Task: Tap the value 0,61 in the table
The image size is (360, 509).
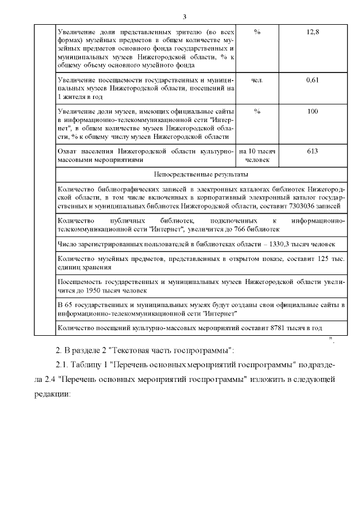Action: click(x=313, y=80)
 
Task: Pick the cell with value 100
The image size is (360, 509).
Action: click(x=313, y=111)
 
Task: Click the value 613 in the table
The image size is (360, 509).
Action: click(x=313, y=152)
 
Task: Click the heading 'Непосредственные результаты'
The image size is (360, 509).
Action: click(x=200, y=175)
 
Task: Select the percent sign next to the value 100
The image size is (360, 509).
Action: click(x=257, y=111)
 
